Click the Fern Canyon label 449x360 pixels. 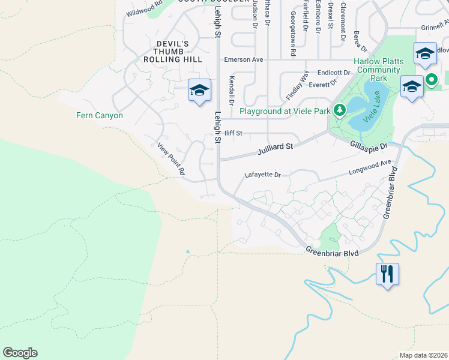click(100, 115)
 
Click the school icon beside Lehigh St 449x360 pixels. click(199, 91)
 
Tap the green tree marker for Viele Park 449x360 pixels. click(339, 110)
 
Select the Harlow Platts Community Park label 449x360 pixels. click(377, 70)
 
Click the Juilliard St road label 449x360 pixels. click(275, 147)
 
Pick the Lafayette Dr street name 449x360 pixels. click(262, 175)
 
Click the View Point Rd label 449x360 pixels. click(171, 158)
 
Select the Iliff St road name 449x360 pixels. click(234, 133)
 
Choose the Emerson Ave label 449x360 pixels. click(244, 59)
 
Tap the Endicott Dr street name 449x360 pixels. click(333, 72)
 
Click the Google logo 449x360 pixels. click(20, 353)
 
